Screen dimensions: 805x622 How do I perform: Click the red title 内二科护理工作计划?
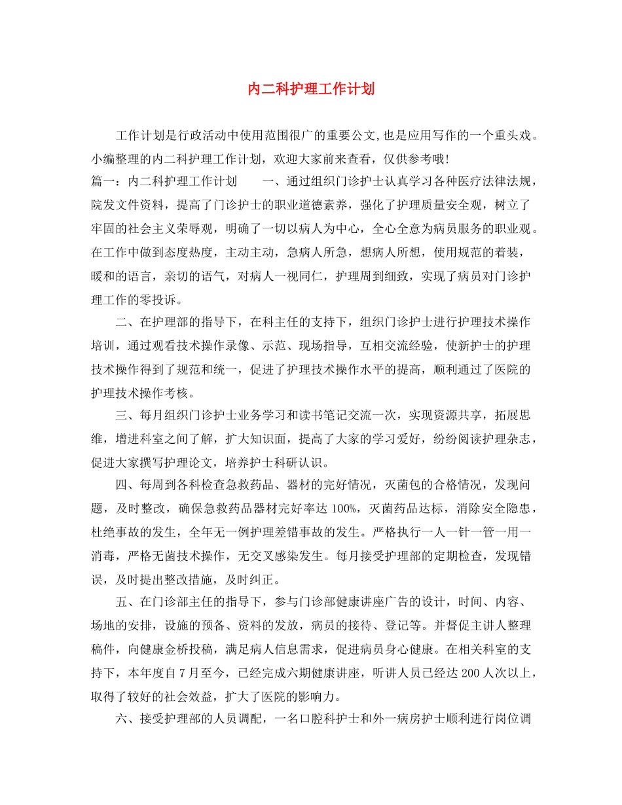[311, 89]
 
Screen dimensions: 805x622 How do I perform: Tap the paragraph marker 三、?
[125, 415]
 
